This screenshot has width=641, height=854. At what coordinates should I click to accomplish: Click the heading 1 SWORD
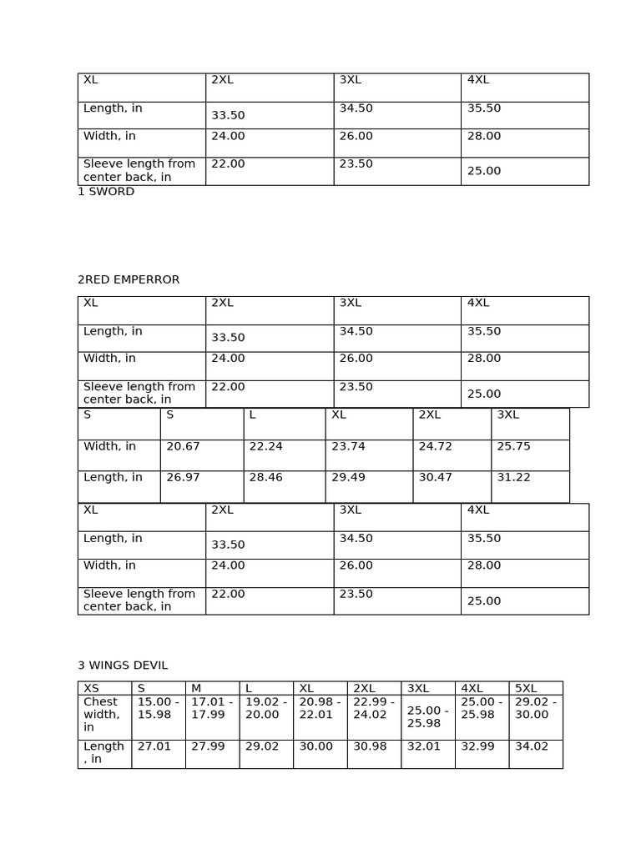pyautogui.click(x=106, y=192)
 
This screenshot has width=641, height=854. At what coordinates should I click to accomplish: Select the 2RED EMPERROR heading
pyautogui.click(x=129, y=280)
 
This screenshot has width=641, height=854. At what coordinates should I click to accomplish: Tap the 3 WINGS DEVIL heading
pyautogui.click(x=123, y=666)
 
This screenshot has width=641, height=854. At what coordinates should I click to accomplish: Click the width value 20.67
pyautogui.click(x=183, y=447)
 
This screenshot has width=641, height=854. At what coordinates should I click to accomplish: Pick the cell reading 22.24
pyautogui.click(x=265, y=447)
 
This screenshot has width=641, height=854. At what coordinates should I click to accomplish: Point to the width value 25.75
pyautogui.click(x=513, y=447)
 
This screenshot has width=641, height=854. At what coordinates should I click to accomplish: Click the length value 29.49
pyautogui.click(x=348, y=478)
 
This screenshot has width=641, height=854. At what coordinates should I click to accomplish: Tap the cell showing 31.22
pyautogui.click(x=513, y=478)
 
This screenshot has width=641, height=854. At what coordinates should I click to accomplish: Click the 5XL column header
pyautogui.click(x=526, y=689)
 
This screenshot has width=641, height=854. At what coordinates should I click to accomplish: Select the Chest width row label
pyautogui.click(x=101, y=715)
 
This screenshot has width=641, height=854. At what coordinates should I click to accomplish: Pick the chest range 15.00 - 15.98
pyautogui.click(x=158, y=708)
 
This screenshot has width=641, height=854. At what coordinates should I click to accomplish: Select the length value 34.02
pyautogui.click(x=531, y=747)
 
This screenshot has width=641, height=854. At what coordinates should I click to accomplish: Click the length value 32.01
pyautogui.click(x=423, y=747)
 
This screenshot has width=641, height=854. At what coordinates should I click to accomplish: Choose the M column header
pyautogui.click(x=196, y=689)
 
